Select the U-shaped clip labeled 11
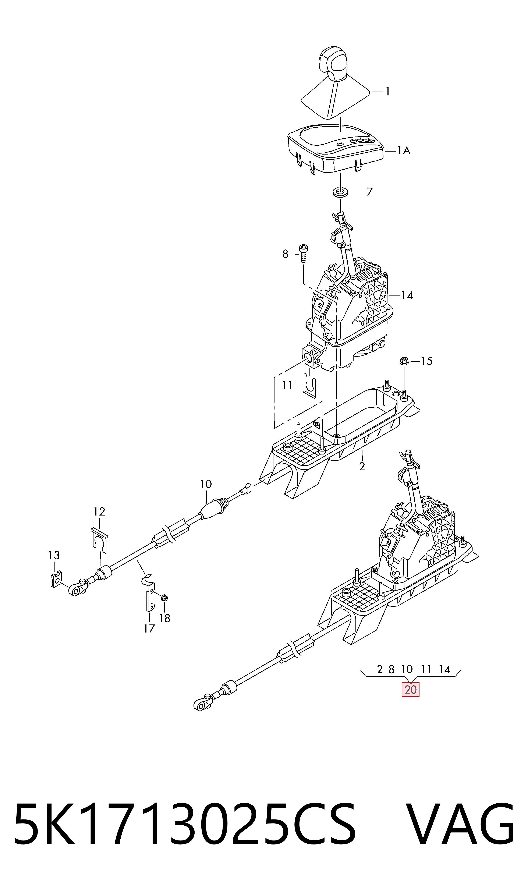[x=310, y=385]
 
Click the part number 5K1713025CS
[x=185, y=831]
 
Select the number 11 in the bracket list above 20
[x=426, y=669]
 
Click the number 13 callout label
[x=54, y=555]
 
